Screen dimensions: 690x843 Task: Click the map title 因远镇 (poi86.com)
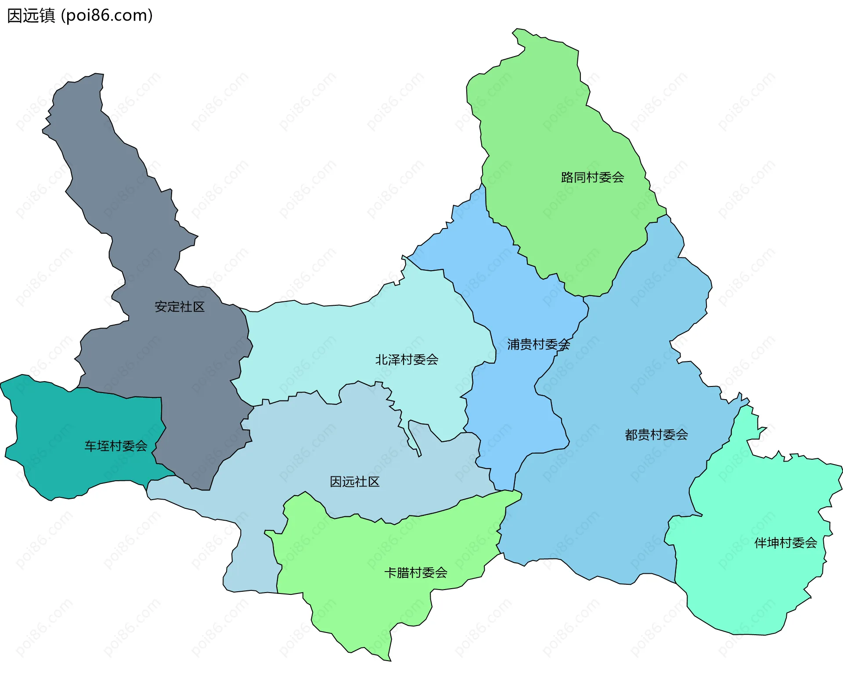[80, 16]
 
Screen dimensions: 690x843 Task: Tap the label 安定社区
[180, 307]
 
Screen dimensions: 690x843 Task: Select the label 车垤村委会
[116, 446]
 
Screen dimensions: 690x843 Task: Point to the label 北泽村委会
[407, 360]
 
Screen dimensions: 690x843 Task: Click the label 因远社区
[354, 482]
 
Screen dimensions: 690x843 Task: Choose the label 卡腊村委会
[416, 572]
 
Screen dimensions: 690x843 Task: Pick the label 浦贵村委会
[538, 344]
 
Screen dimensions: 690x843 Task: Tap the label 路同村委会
[592, 177]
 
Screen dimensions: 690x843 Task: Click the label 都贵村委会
[656, 435]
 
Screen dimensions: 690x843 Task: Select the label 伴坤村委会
[785, 543]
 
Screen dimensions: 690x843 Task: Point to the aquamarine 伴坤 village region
[746, 583]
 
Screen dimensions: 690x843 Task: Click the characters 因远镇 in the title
[31, 16]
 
